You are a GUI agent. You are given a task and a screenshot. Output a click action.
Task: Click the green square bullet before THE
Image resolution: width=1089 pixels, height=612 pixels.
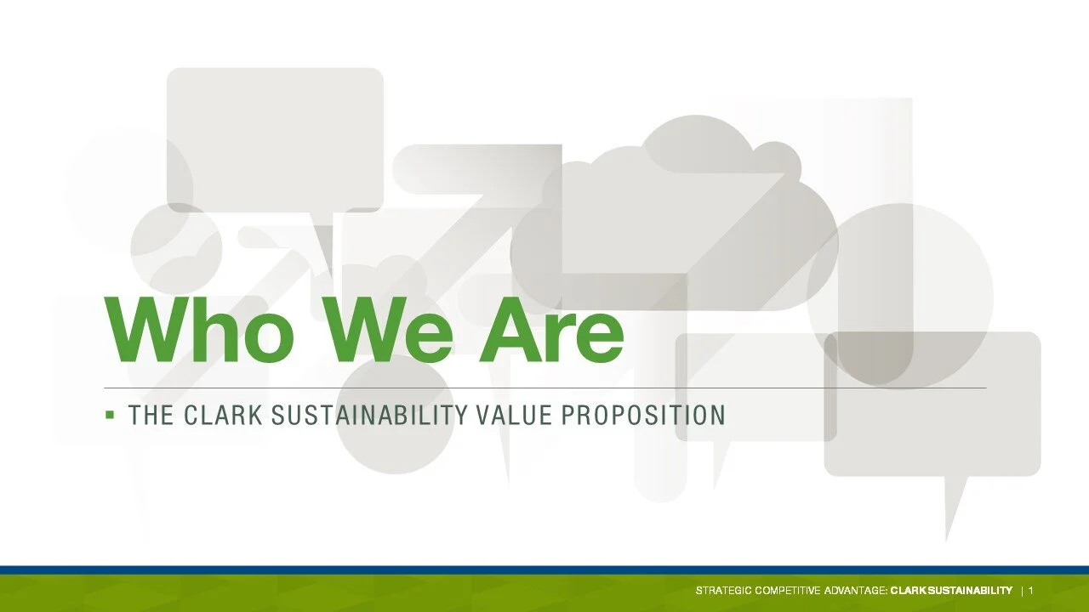point(110,415)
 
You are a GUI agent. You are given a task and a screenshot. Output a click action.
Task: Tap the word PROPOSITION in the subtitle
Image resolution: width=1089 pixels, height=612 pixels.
point(644,416)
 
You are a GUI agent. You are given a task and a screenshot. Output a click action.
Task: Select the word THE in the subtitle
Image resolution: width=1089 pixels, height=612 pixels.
point(151,416)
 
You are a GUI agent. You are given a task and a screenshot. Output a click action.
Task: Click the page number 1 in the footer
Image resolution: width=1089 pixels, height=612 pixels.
point(1031,591)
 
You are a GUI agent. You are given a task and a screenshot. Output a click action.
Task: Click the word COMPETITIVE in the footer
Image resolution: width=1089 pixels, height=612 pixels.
point(786,591)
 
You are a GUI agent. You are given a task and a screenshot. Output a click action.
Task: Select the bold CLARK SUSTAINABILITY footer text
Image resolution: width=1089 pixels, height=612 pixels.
point(951,591)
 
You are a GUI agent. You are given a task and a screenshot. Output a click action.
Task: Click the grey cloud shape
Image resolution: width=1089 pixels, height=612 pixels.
point(681,212)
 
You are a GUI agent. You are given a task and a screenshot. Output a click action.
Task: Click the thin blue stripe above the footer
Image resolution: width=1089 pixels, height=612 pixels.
point(544,569)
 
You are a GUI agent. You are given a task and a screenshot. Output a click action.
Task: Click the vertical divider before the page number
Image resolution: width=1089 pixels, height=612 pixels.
point(1022,591)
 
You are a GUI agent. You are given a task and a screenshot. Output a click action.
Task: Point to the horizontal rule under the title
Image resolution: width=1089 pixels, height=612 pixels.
point(544,388)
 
